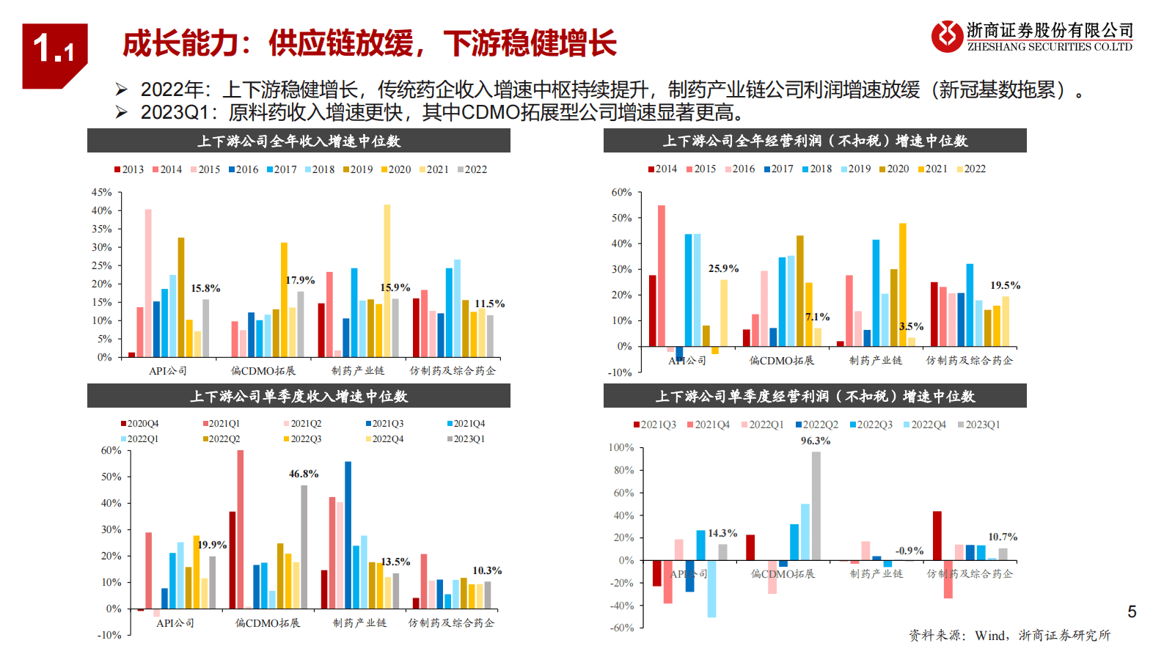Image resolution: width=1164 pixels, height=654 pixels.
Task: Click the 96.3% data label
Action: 815,441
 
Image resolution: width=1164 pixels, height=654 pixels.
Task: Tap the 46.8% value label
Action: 303,474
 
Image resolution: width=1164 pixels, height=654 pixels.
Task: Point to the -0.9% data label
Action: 909,551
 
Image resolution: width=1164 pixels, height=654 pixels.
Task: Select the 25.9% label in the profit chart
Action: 723,268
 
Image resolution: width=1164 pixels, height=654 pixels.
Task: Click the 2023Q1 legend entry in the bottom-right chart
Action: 978,425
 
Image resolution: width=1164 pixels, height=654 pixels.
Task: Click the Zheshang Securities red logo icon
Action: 947,36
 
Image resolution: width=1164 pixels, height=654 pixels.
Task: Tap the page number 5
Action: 1132,611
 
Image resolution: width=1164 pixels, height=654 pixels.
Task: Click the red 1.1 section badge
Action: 54,54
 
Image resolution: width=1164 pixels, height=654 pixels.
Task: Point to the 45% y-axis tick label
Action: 101,192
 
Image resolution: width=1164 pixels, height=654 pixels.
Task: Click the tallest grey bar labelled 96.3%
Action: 816,506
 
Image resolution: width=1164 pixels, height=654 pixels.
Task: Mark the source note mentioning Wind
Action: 1009,635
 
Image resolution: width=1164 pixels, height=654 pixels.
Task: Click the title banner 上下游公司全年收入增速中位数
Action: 299,141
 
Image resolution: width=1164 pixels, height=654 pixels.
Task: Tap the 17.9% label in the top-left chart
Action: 300,280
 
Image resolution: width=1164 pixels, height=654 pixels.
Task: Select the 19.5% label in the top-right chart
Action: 1005,285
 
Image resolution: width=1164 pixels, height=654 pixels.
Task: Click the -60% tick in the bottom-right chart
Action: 621,628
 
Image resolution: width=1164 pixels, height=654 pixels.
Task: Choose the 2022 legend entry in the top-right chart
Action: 970,169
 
